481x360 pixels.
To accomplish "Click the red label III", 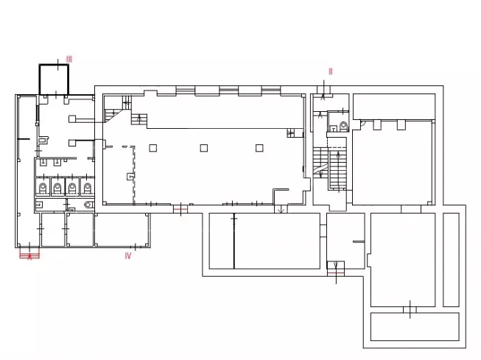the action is (x=69, y=59).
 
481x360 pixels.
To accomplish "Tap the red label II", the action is (x=331, y=71).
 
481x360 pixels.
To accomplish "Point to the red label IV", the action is (x=128, y=255).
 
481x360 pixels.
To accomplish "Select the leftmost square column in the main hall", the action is (x=152, y=148).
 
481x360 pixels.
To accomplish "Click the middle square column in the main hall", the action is (x=204, y=148).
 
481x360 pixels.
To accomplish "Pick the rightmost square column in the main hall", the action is (x=259, y=148).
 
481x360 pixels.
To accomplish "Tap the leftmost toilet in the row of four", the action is (x=42, y=187).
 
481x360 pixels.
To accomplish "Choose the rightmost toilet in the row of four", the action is (x=88, y=187).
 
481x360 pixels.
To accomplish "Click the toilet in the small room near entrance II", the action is (x=344, y=126).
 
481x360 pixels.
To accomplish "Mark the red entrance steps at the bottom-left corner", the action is (x=29, y=255).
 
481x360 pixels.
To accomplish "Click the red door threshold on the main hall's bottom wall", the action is (x=180, y=209).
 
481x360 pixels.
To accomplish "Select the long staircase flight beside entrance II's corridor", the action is (x=338, y=169).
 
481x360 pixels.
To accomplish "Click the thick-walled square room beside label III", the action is (x=54, y=80).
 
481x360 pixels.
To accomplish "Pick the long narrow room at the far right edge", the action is (x=451, y=260).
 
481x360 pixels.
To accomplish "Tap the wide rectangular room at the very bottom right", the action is (x=415, y=327).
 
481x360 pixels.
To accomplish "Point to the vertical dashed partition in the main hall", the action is (x=134, y=175).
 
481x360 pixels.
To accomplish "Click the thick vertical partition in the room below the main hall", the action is (x=234, y=241).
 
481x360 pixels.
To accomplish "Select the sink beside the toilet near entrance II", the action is (x=334, y=129).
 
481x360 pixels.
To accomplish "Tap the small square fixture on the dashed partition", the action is (x=130, y=177).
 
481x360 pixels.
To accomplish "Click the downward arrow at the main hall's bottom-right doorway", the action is (x=281, y=210).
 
